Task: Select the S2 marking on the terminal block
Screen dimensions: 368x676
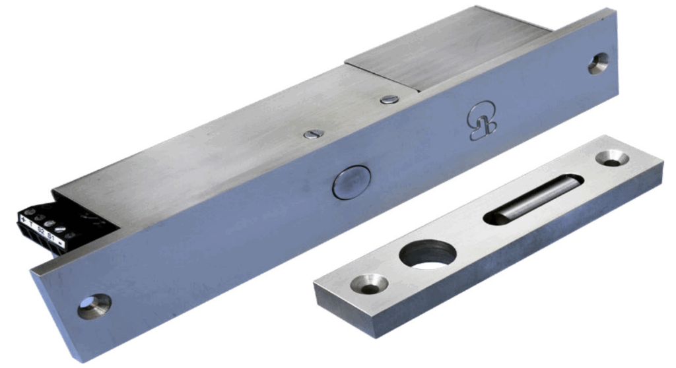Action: (42, 230)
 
